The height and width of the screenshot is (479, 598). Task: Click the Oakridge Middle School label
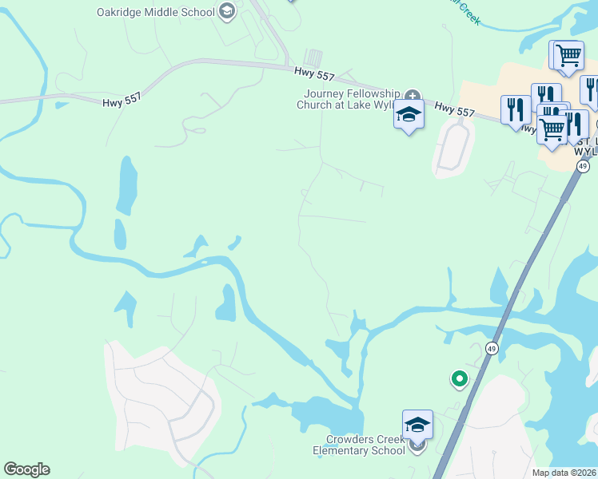pos(155,12)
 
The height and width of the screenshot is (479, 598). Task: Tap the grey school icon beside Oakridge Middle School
pos(227,11)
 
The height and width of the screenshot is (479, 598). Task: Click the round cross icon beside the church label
pos(412,94)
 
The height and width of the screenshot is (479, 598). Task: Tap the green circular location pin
pos(459,378)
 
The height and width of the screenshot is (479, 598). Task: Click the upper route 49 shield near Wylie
pos(583,166)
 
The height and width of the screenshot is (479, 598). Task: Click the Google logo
pos(26,469)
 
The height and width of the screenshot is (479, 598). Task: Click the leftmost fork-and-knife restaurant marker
pos(515,109)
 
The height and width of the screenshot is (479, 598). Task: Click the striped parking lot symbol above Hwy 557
pos(313,58)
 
